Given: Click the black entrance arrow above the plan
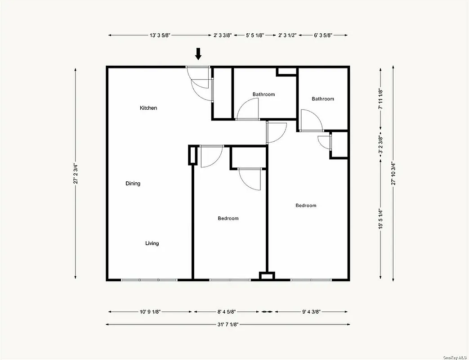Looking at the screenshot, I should [x=198, y=54].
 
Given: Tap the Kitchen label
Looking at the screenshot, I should [x=148, y=108].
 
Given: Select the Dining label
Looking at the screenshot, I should [x=133, y=184].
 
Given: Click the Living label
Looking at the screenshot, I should [x=152, y=243].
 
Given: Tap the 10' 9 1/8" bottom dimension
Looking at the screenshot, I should [x=150, y=311].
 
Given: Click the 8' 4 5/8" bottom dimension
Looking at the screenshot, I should [x=226, y=311].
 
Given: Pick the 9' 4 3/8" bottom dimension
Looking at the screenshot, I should [x=311, y=311].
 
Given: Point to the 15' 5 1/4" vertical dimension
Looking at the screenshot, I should [x=380, y=218].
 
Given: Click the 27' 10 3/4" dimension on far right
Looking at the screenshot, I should [x=394, y=174].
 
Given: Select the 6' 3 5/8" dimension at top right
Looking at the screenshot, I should [x=323, y=35].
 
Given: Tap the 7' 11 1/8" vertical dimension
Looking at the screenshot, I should [x=380, y=99].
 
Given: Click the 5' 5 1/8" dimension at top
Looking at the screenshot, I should [x=255, y=35].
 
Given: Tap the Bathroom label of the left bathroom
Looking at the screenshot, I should [x=264, y=94].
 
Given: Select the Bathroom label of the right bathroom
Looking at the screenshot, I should [x=323, y=99].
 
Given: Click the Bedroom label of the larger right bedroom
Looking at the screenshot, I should [x=306, y=206].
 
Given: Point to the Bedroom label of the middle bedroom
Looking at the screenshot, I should [x=228, y=219].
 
